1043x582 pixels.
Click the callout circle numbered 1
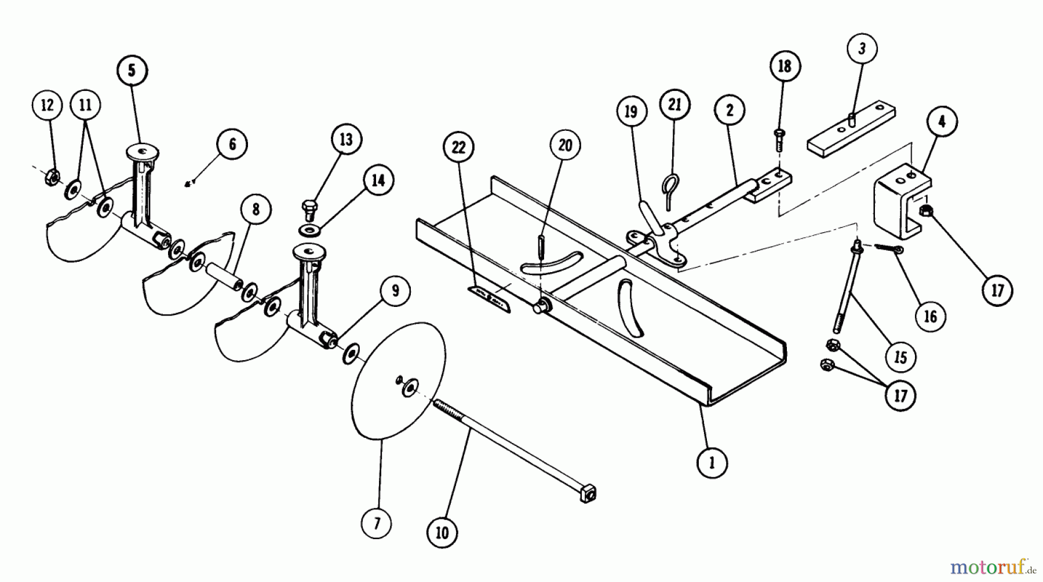712,462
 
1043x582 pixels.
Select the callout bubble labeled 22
458,148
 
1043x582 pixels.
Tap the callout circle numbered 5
132,71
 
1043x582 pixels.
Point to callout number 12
48,105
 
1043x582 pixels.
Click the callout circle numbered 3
862,49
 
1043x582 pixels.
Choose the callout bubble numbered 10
442,533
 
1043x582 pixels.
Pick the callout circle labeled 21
674,105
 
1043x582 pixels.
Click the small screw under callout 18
779,140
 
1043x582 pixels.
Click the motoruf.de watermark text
990,565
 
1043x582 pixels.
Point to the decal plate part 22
490,299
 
